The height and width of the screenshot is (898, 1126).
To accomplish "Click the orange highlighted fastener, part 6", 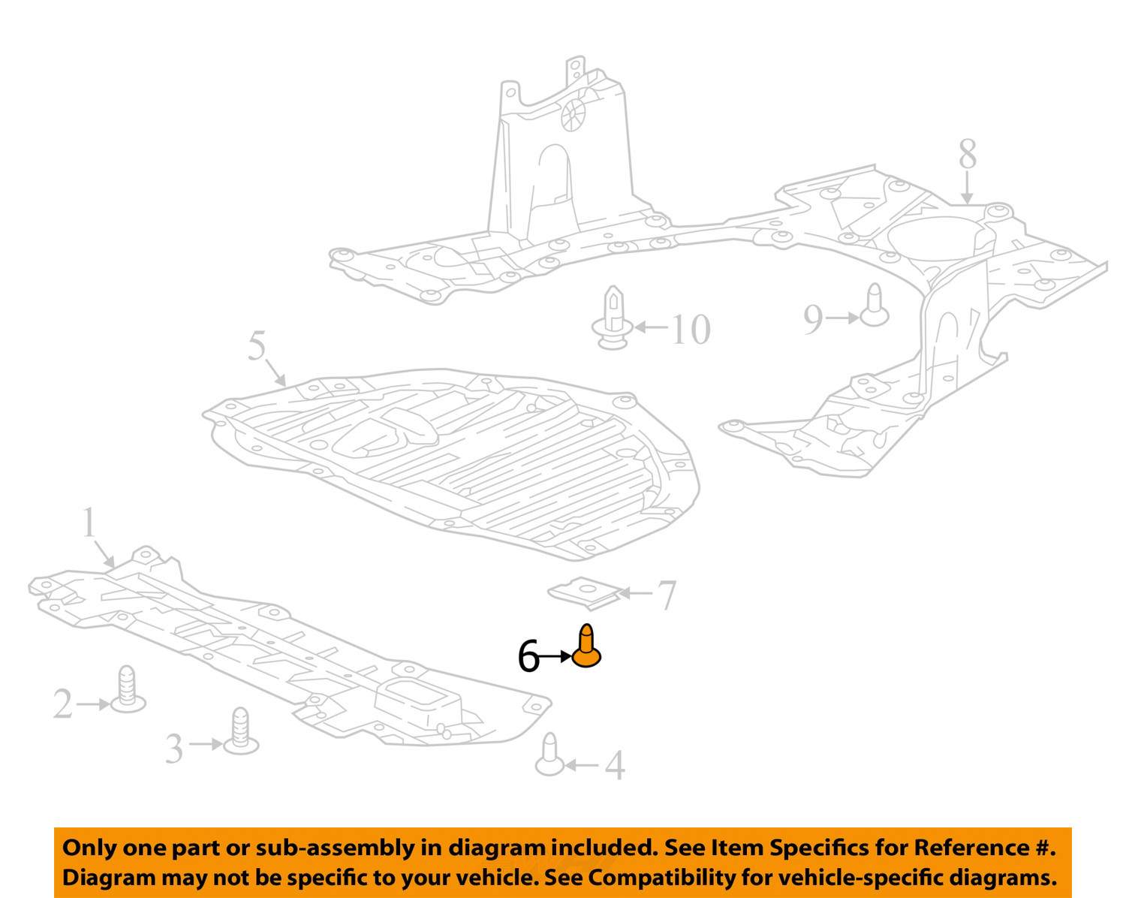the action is (586, 646).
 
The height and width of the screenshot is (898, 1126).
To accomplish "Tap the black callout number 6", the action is (528, 656).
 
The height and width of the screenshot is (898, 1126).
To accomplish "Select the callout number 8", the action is (968, 154).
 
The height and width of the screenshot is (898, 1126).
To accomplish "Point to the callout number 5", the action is (257, 345).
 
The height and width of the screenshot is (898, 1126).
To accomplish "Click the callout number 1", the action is (89, 522).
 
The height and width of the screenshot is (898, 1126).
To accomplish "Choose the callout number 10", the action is (691, 330).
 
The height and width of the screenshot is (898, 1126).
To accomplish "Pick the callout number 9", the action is (813, 319).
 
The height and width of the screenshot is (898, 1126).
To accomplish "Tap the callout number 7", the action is (666, 595).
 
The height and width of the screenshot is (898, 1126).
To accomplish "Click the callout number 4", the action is (615, 765).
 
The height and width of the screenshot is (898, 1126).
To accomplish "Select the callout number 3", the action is (174, 749).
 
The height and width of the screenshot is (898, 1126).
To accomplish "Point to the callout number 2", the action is (63, 704).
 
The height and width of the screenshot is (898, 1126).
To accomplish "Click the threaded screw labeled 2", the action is (128, 689).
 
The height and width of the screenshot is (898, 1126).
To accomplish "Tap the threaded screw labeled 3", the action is (241, 731).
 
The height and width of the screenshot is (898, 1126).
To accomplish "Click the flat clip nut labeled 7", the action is (585, 593).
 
